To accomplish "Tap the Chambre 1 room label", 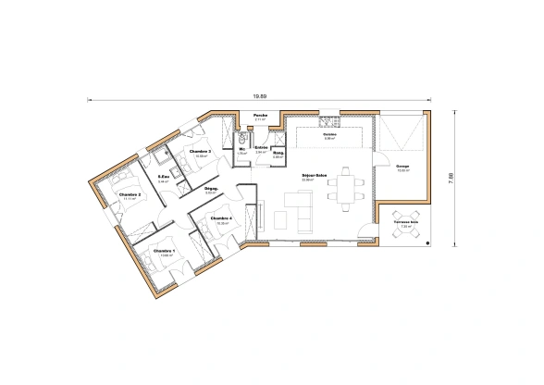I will [x=164, y=251].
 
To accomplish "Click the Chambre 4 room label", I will [x=221, y=219].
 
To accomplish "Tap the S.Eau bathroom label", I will [x=163, y=176].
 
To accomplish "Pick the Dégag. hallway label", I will [x=210, y=188].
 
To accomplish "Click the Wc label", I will [x=241, y=148].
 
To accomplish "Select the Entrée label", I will [x=261, y=147].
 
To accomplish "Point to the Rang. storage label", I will [x=277, y=153].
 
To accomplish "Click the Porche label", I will [x=261, y=116].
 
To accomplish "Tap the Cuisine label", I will [x=329, y=133].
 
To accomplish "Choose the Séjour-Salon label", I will [x=315, y=175].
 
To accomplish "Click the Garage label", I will [x=403, y=167].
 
